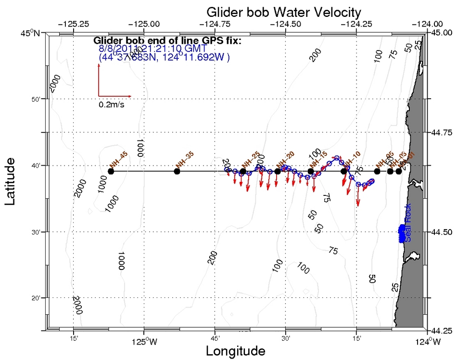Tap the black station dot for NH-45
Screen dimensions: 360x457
111,171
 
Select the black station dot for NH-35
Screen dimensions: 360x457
177,171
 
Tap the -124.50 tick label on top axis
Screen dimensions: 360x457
287,23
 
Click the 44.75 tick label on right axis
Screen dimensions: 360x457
442,132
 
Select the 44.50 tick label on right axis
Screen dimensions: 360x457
442,232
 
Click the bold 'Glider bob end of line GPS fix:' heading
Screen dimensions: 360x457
167,41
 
